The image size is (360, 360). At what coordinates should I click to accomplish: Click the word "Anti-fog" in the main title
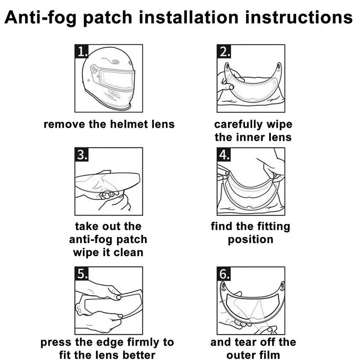point(40,18)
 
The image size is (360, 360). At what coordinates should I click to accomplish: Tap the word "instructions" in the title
point(299,17)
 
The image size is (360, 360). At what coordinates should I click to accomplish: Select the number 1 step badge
point(82,51)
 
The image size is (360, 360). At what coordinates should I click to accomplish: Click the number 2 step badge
point(224,51)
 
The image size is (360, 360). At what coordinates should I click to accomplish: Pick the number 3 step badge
point(82,154)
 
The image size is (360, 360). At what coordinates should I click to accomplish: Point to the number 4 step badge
point(224,154)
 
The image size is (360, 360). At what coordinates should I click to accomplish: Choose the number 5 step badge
point(82,273)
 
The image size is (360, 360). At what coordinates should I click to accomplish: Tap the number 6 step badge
point(224,273)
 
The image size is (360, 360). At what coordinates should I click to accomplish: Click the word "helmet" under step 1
point(129,124)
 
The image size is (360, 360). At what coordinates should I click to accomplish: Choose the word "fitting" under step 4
point(274,227)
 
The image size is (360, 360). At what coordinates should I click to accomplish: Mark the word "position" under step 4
point(251,240)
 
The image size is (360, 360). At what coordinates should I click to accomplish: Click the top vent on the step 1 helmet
point(115,62)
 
